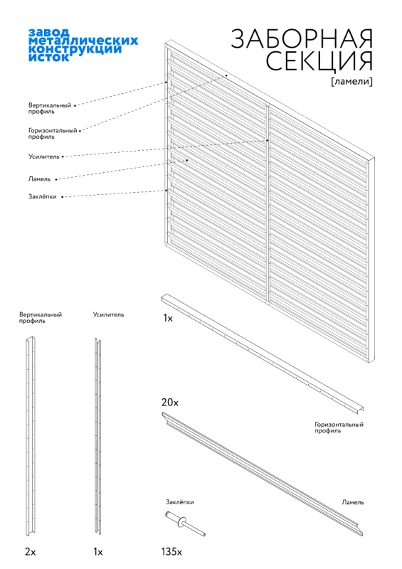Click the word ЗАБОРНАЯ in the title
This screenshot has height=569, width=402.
point(302,38)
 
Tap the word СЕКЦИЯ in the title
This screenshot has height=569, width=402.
point(319,60)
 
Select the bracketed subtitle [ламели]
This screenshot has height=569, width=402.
point(352,81)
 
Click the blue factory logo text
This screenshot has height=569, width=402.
point(83,45)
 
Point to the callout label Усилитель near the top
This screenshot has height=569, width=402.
point(44,156)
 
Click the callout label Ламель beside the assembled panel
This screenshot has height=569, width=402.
point(40,179)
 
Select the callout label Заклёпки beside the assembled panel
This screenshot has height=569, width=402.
point(43,196)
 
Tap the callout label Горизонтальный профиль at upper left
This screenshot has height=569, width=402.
point(53,134)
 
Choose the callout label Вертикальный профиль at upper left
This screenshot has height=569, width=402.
point(50,109)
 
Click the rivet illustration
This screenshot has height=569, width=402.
point(185,523)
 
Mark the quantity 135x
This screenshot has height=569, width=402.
point(171,552)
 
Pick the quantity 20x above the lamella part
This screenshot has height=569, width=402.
point(170,403)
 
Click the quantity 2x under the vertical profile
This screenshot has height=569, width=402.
point(31,552)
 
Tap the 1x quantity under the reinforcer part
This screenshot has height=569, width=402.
point(98,552)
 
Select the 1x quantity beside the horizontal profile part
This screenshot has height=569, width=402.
point(168,318)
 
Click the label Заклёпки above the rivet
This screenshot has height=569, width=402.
point(180,502)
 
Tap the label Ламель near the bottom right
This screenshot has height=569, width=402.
point(353,502)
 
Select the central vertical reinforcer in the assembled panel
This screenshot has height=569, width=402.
point(268,203)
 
